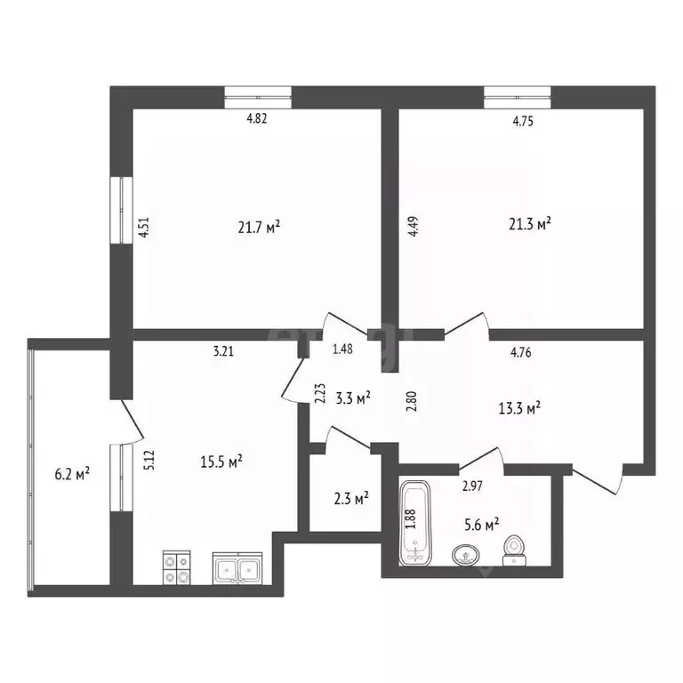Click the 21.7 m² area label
(259, 228)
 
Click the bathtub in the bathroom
(414, 523)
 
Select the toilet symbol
(513, 550)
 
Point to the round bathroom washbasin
(464, 556)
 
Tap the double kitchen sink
(237, 568)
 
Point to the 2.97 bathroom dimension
(471, 486)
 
